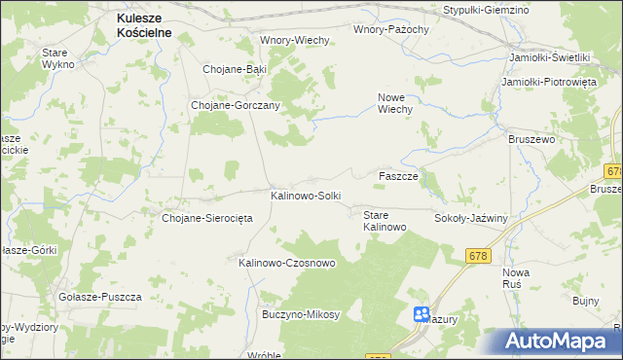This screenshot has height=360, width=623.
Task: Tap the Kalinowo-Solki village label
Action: pyautogui.click(x=306, y=196)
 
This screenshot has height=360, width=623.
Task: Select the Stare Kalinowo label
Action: pyautogui.click(x=384, y=220)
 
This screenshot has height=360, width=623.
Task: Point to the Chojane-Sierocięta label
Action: pyautogui.click(x=207, y=218)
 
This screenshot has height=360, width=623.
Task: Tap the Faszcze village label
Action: pyautogui.click(x=398, y=176)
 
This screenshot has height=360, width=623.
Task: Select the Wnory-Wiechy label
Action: pyautogui.click(x=295, y=40)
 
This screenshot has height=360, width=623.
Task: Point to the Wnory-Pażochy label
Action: pyautogui.click(x=391, y=29)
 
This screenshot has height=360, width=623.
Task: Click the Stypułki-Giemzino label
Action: pyautogui.click(x=486, y=9)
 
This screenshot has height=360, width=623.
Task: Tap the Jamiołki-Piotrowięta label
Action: pyautogui.click(x=548, y=82)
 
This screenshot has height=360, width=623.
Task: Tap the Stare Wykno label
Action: pyautogui.click(x=59, y=57)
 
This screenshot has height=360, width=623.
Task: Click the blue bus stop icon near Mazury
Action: pyautogui.click(x=421, y=314)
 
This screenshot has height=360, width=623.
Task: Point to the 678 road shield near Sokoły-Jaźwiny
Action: pyautogui.click(x=477, y=255)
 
